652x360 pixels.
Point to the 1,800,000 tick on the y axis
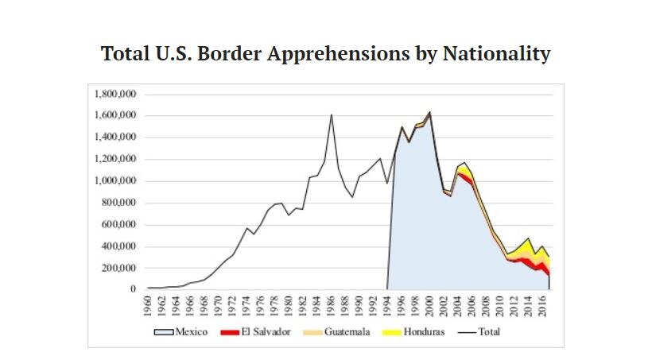116,94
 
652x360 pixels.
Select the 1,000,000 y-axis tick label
116,180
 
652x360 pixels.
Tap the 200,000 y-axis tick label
119,268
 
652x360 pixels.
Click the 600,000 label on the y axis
119,224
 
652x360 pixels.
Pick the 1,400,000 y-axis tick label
116,137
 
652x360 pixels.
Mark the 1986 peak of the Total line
332,114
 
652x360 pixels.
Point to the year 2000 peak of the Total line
430,112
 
